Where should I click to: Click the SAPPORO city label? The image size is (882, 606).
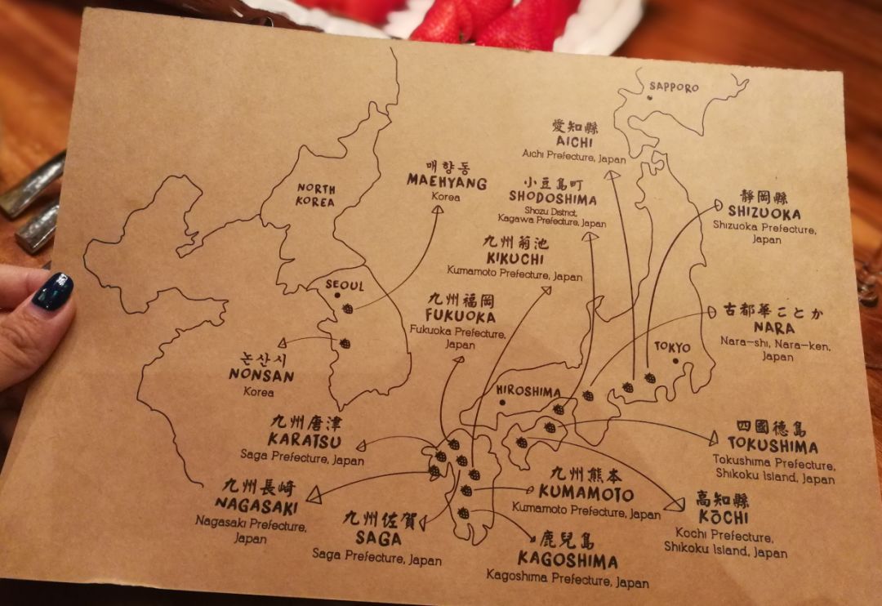point(675,87)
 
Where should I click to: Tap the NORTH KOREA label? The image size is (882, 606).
point(316,195)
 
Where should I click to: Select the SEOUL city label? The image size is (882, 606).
point(345,286)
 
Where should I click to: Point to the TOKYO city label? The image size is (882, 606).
point(672,347)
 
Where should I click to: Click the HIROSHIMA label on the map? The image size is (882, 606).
point(528,391)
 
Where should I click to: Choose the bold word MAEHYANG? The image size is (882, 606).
point(447,182)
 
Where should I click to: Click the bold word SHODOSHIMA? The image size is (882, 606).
point(552,198)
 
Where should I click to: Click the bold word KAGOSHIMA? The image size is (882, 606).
point(568,561)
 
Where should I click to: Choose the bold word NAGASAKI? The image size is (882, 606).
point(256,506)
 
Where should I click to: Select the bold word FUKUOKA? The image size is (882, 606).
point(461,316)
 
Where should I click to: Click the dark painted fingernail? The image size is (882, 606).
point(53,292)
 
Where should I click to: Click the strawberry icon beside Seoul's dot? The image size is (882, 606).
point(349,309)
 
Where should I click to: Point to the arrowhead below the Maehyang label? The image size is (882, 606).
point(437,210)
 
